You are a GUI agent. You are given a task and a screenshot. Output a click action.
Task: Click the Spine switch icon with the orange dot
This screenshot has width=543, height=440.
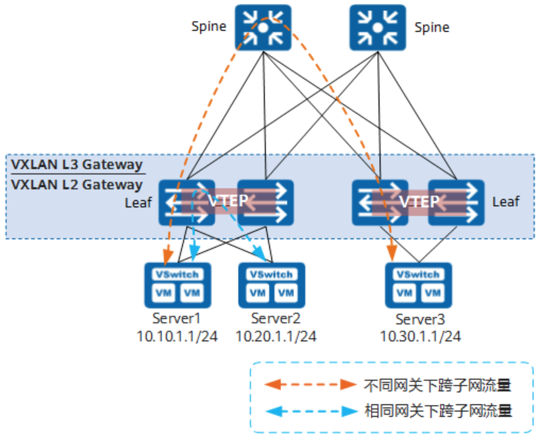coord(263,27)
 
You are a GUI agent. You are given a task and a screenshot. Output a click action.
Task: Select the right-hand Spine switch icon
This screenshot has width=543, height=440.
coord(378,27)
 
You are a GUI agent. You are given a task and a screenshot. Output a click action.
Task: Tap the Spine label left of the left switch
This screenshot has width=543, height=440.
coord(209,26)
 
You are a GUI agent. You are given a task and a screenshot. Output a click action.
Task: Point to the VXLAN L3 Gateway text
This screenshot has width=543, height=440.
coord(77,164)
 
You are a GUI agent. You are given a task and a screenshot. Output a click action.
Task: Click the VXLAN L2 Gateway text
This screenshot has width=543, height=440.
coord(77,184)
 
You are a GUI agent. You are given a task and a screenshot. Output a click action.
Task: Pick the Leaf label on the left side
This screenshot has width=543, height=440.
coord(138,202)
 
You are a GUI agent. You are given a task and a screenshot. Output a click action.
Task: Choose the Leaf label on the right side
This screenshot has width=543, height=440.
coord(506,201)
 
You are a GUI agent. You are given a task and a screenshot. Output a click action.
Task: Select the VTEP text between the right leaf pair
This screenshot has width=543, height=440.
coord(419,201)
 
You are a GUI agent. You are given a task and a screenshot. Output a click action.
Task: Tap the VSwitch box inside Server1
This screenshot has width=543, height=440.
coord(178,274)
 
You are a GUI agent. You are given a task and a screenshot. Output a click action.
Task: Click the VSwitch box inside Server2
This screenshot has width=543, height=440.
coord(271,274)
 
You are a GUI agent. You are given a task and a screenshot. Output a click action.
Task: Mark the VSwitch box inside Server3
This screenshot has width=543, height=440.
coord(418,274)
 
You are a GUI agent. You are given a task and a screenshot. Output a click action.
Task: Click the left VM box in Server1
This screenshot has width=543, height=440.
coord(164,293)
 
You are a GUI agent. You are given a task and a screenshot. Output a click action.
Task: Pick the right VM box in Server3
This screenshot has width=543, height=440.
coord(433,293)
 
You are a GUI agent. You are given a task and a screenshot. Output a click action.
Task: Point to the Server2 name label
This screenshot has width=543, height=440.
coord(276,318)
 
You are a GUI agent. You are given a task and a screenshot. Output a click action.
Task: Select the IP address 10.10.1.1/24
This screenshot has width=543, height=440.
coord(177,336)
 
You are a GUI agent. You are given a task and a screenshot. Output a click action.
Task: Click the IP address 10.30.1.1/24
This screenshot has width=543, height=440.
coord(420,336)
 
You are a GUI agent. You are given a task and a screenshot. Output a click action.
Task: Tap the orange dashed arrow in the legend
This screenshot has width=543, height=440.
coord(310,384)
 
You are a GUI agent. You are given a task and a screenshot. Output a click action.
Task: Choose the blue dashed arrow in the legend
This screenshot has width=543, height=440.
coord(311,411)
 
